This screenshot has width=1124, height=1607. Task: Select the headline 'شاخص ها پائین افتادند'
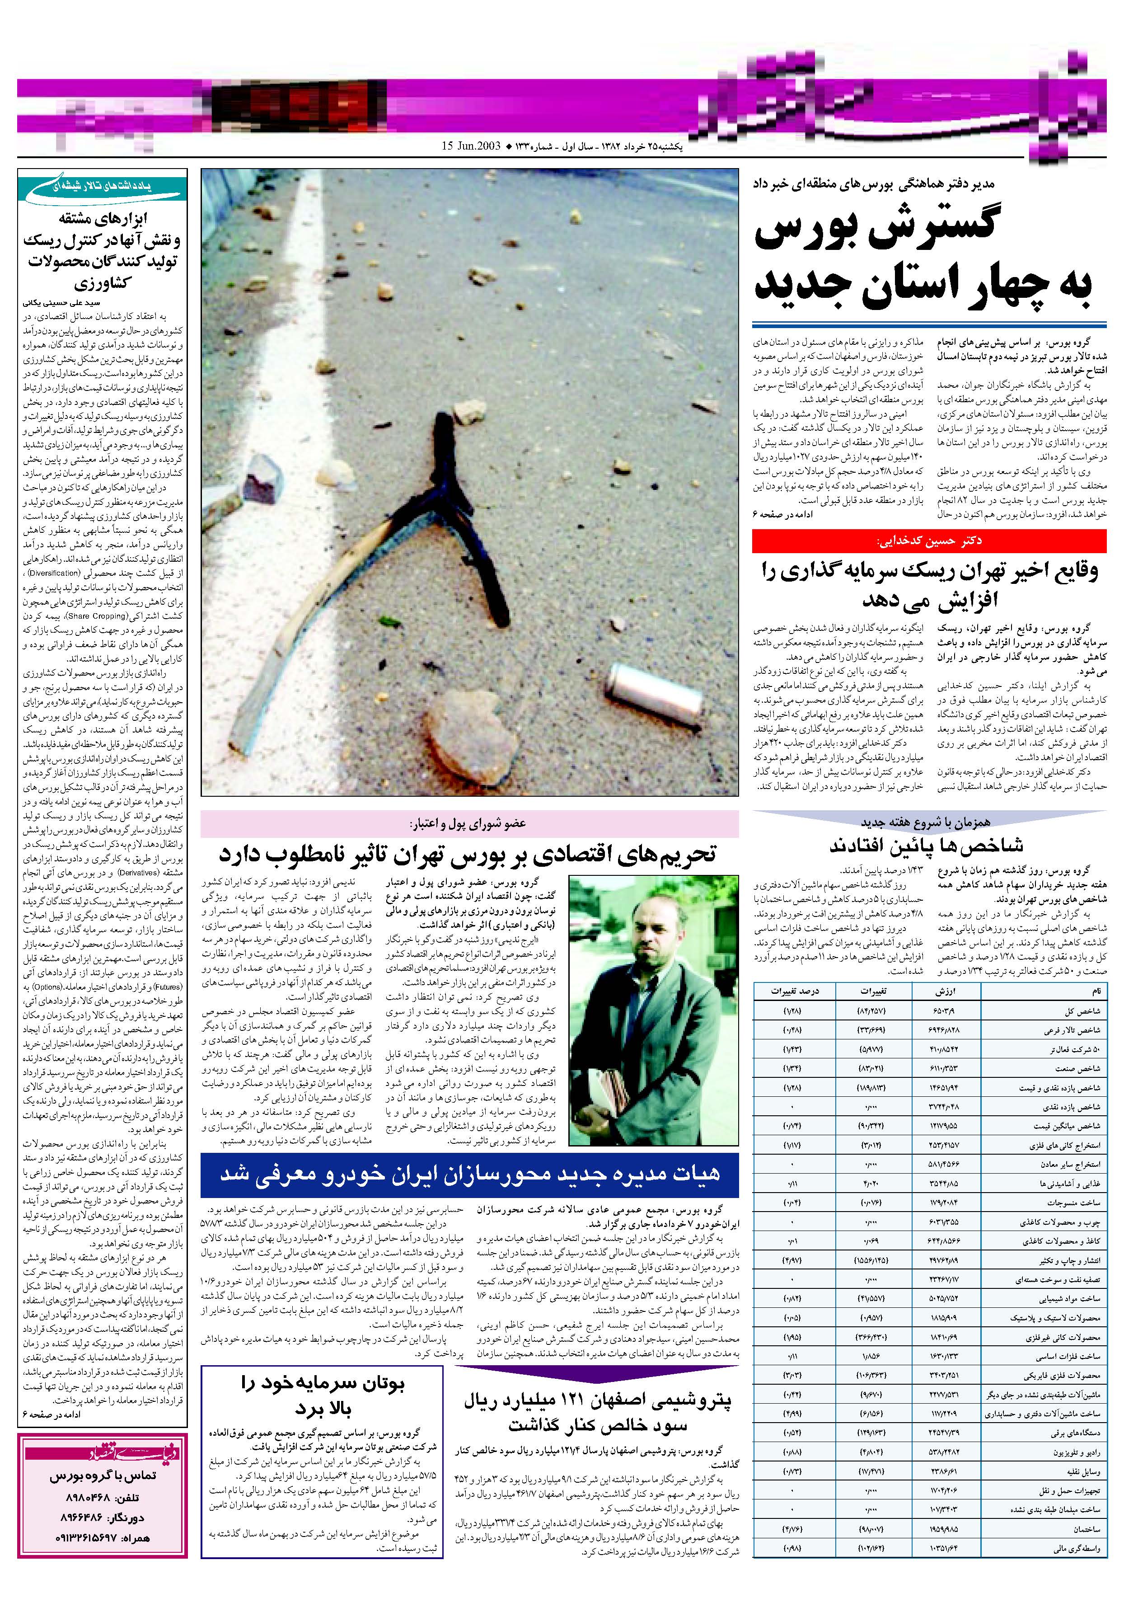point(927,846)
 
